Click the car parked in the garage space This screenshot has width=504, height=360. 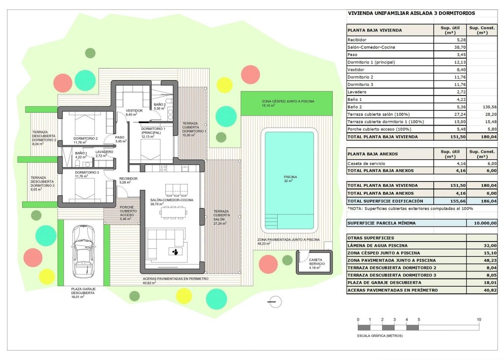click(82, 252)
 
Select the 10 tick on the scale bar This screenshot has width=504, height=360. click(479, 320)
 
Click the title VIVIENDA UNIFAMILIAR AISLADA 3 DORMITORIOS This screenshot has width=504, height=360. click(411, 14)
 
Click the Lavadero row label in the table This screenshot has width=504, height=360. click(358, 92)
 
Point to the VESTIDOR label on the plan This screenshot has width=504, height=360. click(134, 111)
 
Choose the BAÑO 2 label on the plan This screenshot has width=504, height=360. click(159, 106)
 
